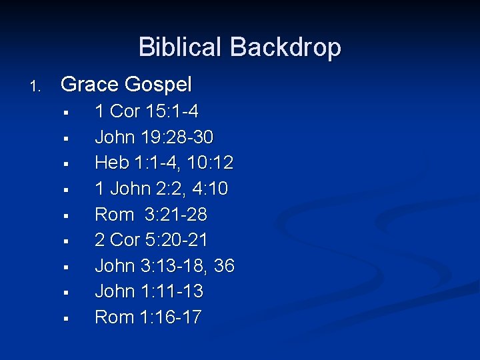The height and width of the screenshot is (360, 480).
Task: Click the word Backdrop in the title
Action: [x=286, y=47]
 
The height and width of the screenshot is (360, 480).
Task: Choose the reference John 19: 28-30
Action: [x=155, y=137]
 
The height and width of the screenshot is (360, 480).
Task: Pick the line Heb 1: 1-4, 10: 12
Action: [x=164, y=163]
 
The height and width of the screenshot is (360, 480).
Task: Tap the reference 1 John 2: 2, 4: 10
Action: [x=161, y=189]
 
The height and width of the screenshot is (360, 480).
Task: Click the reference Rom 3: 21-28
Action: [x=151, y=215]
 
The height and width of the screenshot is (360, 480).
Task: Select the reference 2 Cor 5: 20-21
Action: [x=152, y=240]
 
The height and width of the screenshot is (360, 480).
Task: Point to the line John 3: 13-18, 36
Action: [x=165, y=266]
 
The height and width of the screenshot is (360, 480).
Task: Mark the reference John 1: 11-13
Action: [x=149, y=291]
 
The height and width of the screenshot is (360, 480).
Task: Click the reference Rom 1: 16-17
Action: [x=148, y=317]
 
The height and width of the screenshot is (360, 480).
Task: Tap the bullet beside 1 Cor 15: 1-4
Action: [x=66, y=113]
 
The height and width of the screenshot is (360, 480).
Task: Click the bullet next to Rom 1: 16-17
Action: [x=66, y=319]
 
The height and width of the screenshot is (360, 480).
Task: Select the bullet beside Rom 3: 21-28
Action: [x=66, y=216]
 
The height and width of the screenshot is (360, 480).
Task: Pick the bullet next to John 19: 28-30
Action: [x=66, y=139]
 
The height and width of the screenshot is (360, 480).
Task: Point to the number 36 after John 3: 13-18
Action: [x=225, y=266]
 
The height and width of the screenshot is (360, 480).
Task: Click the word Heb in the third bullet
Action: [x=109, y=163]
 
